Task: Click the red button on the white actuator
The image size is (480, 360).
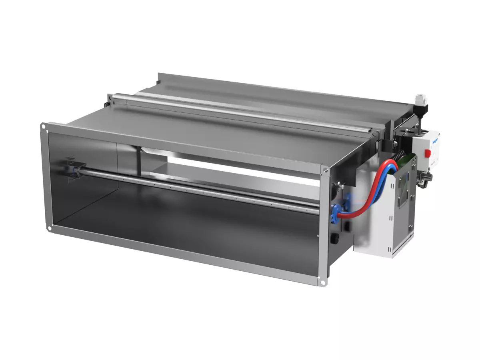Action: pyautogui.click(x=427, y=152)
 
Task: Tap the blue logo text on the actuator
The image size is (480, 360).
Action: pyautogui.click(x=435, y=140)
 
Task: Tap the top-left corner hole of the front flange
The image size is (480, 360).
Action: pyautogui.click(x=43, y=127)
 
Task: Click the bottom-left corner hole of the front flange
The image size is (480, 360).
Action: pyautogui.click(x=49, y=229)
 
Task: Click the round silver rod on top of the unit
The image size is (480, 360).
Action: pyautogui.click(x=240, y=112)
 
